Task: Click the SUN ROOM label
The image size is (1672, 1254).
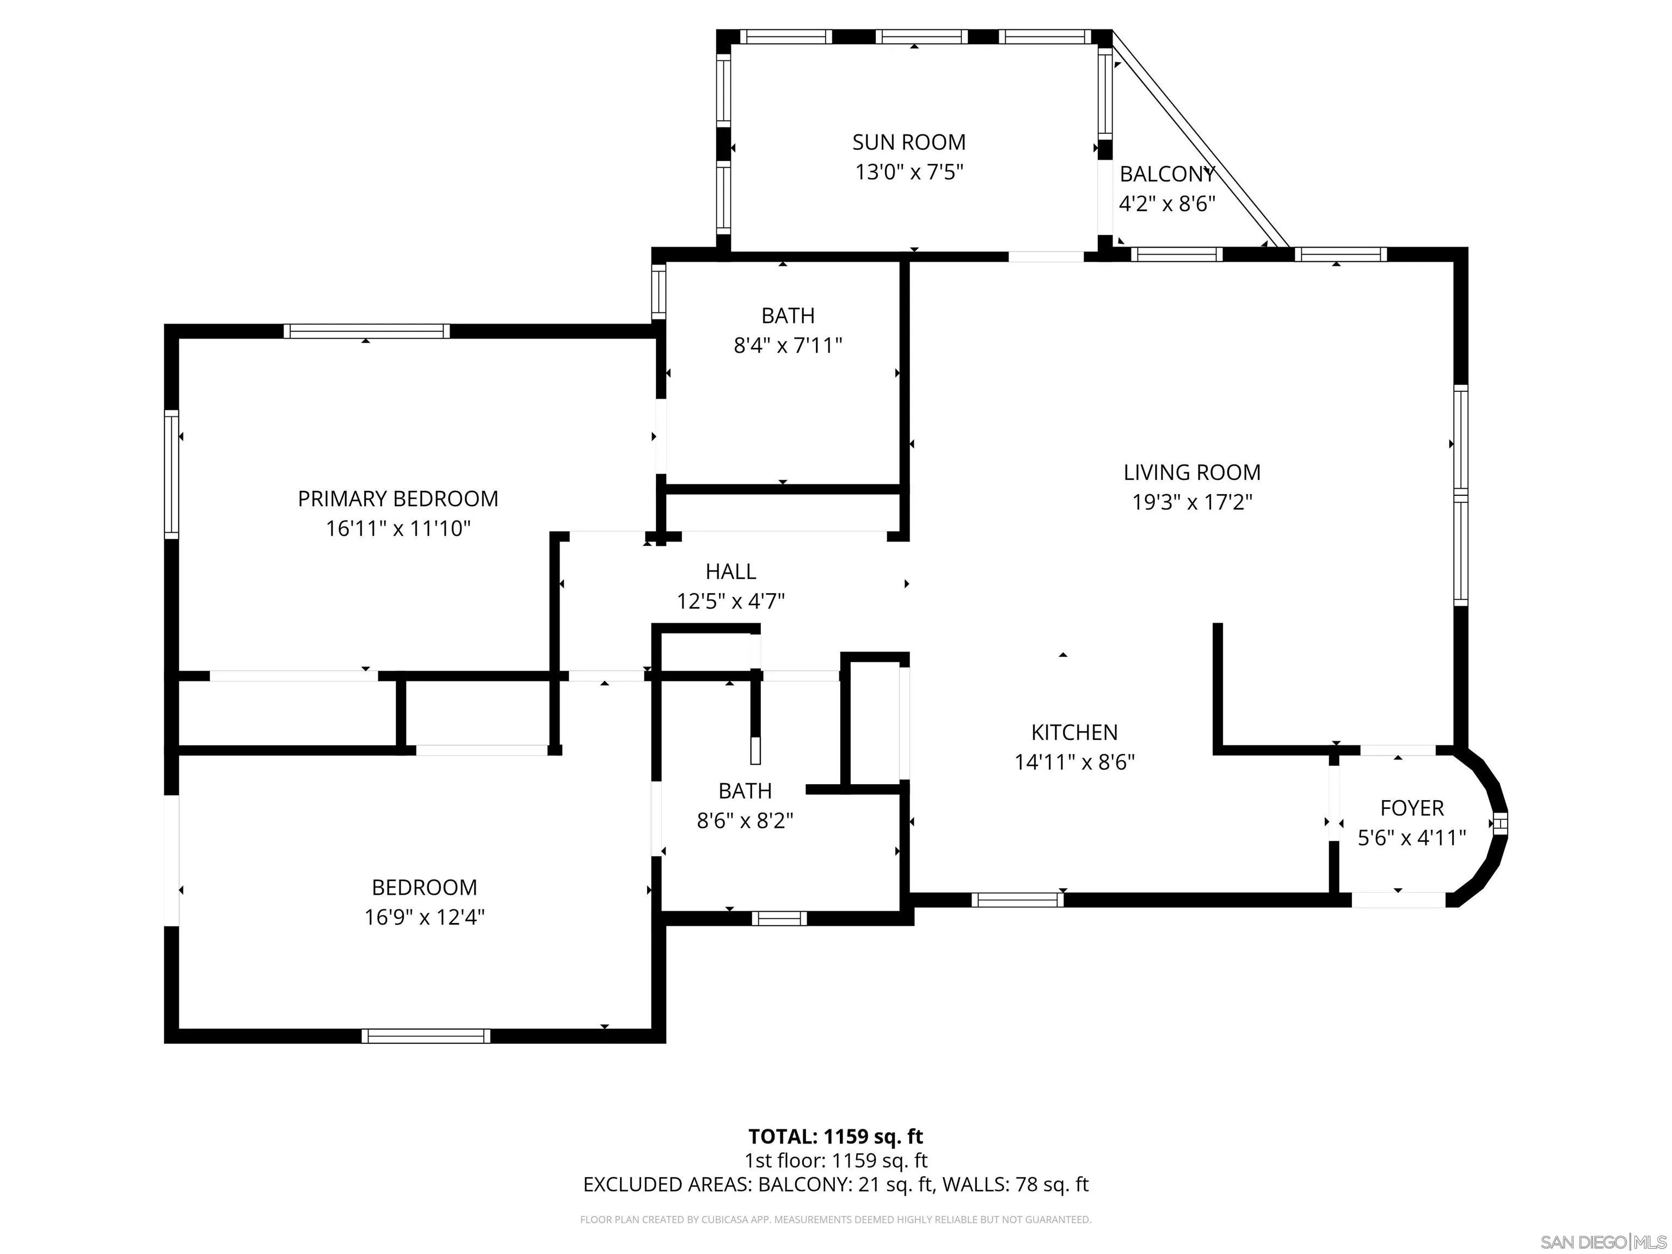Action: click(x=908, y=142)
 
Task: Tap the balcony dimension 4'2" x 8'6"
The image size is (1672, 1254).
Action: click(x=1166, y=204)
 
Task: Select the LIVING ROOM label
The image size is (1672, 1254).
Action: click(x=1191, y=472)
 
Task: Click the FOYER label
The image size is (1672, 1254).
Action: click(x=1411, y=808)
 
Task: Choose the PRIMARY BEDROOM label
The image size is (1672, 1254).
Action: click(x=398, y=499)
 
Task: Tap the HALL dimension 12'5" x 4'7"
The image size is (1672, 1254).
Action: click(x=730, y=601)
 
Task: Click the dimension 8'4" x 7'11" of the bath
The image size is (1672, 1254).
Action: click(x=788, y=346)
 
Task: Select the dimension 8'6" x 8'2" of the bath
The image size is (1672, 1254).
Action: click(x=745, y=821)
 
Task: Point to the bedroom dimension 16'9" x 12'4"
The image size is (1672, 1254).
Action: click(x=424, y=917)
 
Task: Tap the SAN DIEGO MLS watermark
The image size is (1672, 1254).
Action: click(x=1602, y=1242)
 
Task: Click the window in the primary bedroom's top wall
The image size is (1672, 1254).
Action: click(x=367, y=331)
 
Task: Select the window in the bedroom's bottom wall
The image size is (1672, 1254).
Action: click(x=426, y=1036)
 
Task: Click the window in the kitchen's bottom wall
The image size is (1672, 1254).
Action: click(x=1017, y=900)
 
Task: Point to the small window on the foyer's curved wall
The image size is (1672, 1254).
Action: click(x=1499, y=824)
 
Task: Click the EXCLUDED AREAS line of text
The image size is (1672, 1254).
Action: click(x=835, y=1184)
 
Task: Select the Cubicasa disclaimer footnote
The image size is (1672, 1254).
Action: click(x=835, y=1219)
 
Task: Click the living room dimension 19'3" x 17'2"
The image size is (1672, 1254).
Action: click(x=1191, y=503)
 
